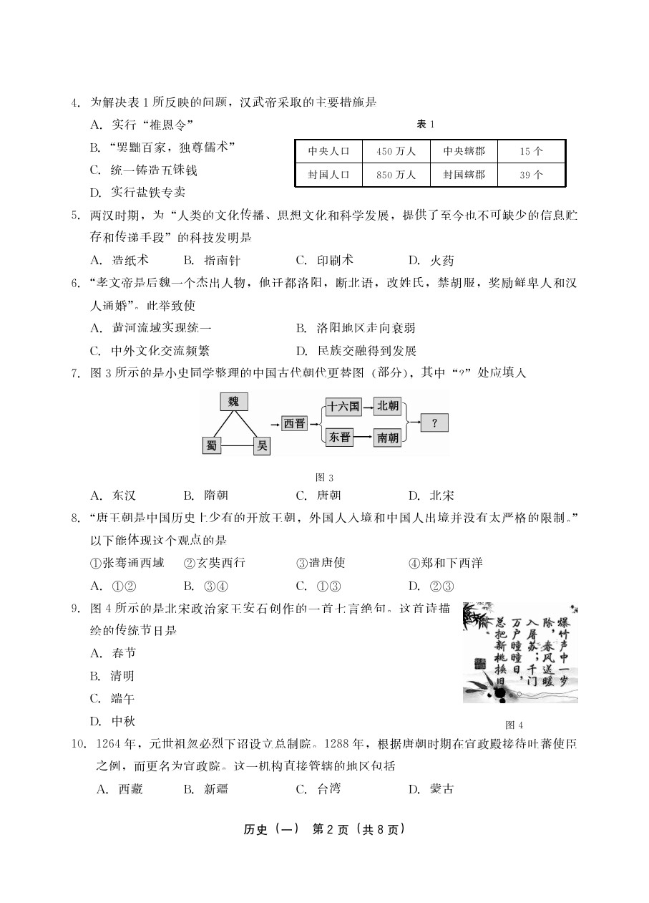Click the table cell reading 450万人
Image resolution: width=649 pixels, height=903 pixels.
pyautogui.click(x=396, y=152)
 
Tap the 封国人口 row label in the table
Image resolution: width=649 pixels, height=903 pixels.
pyautogui.click(x=328, y=175)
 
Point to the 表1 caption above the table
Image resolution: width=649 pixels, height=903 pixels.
pyautogui.click(x=426, y=125)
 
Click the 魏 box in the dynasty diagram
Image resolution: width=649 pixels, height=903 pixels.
pyautogui.click(x=233, y=402)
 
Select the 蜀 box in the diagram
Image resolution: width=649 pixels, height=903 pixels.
pyautogui.click(x=211, y=446)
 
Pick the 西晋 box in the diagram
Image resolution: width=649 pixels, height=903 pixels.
pyautogui.click(x=294, y=424)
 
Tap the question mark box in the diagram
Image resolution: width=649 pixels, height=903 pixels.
pyautogui.click(x=434, y=423)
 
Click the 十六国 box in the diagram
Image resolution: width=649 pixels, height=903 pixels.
pyautogui.click(x=343, y=407)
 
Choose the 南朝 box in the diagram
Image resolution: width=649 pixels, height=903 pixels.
pyautogui.click(x=388, y=438)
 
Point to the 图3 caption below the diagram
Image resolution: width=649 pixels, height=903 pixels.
pyautogui.click(x=325, y=478)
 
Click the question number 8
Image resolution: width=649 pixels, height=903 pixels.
pyautogui.click(x=74, y=518)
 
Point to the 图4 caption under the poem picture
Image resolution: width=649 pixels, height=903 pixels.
pyautogui.click(x=514, y=724)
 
